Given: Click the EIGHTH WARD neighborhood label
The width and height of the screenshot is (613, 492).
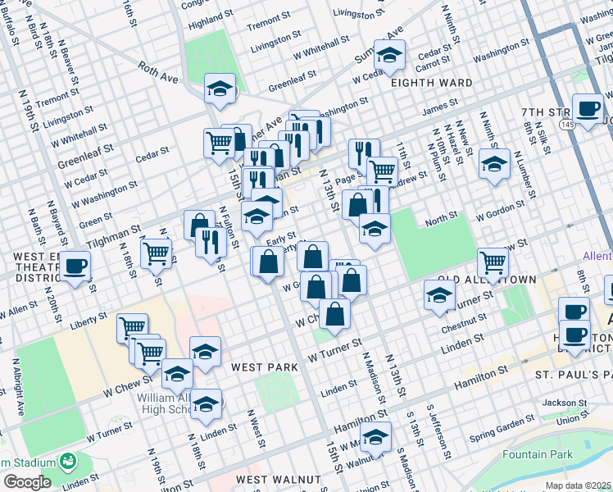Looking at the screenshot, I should [x=431, y=83].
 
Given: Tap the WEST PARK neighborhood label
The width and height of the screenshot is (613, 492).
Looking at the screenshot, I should [x=264, y=367].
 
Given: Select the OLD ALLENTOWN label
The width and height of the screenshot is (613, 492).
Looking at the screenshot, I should [x=487, y=280].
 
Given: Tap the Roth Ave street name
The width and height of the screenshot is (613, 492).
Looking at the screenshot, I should [x=157, y=73].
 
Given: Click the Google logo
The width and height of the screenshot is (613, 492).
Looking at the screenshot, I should [x=27, y=482].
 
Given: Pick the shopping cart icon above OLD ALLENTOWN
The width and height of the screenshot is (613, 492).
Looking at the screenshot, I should [x=493, y=262].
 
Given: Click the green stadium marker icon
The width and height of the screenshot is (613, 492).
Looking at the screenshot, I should [x=66, y=461].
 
